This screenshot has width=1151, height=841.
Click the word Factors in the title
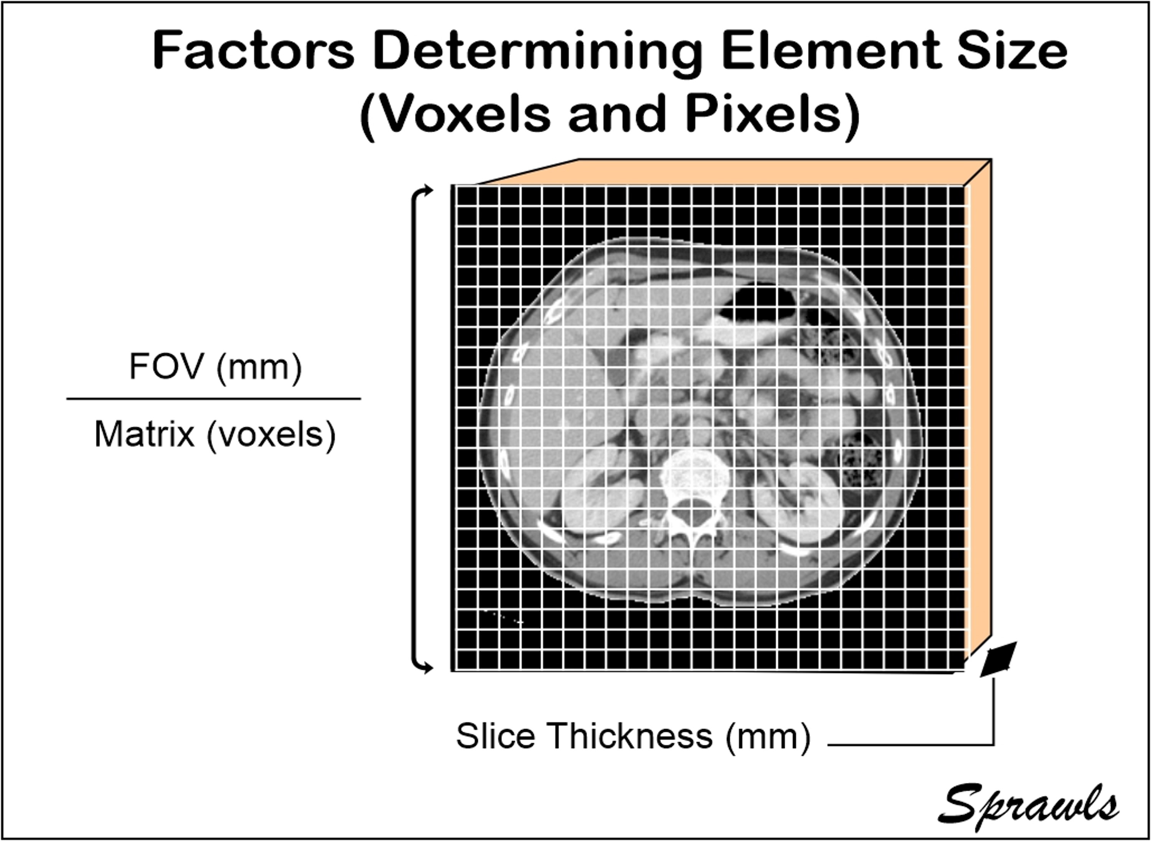(x=253, y=51)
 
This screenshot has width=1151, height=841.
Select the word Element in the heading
(x=829, y=51)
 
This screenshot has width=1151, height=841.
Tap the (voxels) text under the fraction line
(x=271, y=436)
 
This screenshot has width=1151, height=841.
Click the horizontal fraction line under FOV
(x=213, y=399)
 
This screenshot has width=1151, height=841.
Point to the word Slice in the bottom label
(x=495, y=736)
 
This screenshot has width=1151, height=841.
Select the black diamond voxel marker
(x=999, y=659)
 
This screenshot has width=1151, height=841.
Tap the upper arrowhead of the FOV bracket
(x=427, y=191)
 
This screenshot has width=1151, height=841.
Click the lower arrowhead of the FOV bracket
(x=427, y=667)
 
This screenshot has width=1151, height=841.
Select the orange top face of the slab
(x=734, y=172)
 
